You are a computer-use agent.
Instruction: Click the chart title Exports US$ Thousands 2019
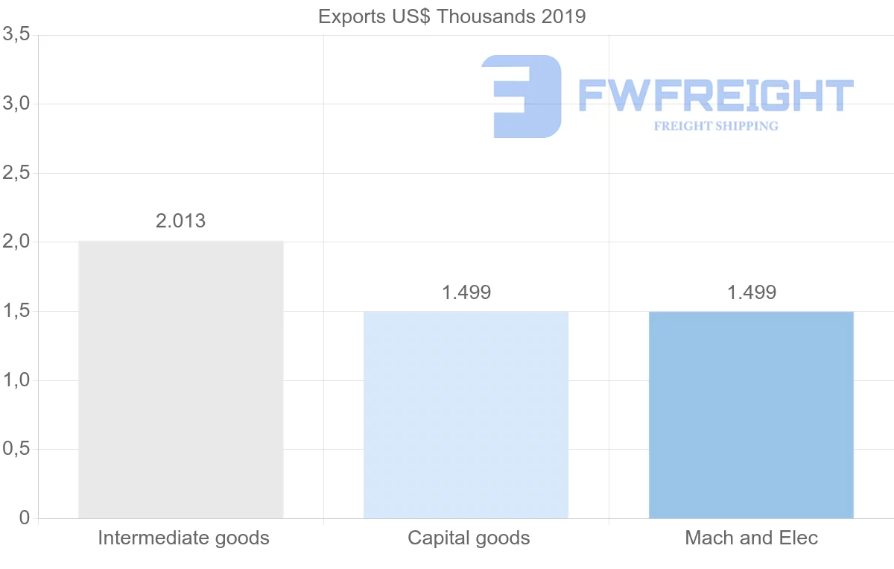click(451, 16)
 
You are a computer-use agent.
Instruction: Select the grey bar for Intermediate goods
click(181, 380)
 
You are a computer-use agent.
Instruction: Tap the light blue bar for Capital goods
click(466, 415)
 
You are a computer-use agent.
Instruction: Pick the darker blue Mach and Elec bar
click(751, 415)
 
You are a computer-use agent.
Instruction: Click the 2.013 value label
click(181, 221)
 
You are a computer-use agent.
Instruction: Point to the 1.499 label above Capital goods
click(466, 292)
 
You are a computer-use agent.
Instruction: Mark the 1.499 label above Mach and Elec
click(752, 292)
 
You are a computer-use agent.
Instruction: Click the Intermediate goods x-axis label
click(183, 538)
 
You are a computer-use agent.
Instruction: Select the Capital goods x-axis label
click(469, 538)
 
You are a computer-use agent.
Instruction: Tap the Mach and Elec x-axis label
click(751, 538)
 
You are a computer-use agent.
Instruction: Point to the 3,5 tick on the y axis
click(16, 34)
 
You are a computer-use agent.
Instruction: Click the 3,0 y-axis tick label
click(16, 104)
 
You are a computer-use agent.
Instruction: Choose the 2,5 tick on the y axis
click(16, 173)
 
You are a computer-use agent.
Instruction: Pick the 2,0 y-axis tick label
click(16, 242)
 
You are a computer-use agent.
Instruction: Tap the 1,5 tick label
click(16, 311)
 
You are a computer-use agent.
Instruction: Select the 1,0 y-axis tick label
click(16, 380)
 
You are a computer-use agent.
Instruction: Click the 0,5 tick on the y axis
click(16, 449)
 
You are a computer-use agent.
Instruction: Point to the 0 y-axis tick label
click(24, 518)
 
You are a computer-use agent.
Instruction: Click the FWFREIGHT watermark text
click(715, 95)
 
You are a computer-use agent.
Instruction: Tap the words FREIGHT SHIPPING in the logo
click(716, 126)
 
